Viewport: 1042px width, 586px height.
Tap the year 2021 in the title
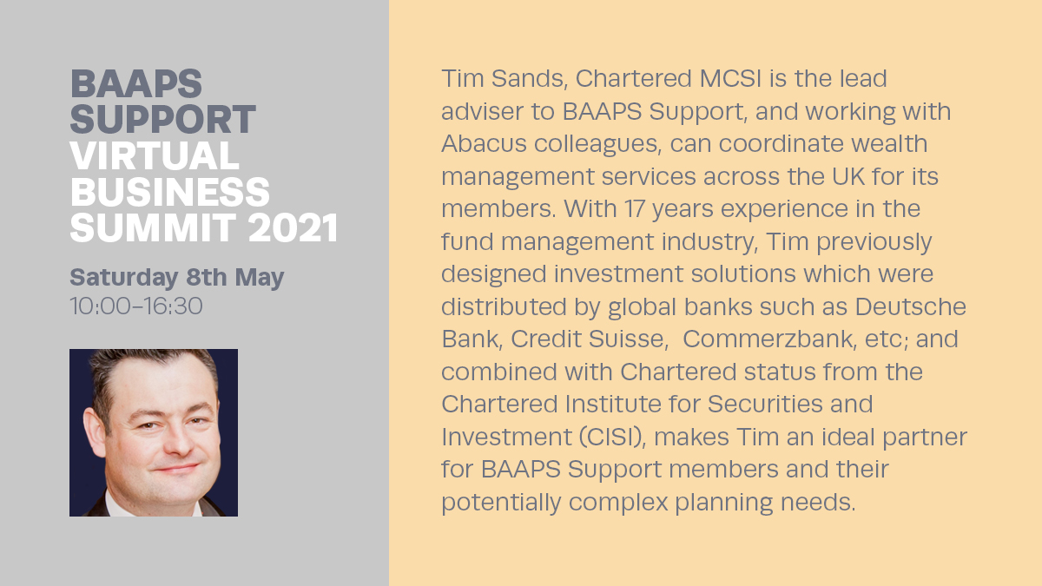[293, 227]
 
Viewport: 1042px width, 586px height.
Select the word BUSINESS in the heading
[170, 192]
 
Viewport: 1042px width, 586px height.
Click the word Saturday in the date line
[123, 278]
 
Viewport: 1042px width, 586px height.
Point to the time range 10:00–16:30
[136, 306]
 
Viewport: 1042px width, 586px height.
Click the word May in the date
[259, 278]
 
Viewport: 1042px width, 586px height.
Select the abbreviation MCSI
[730, 79]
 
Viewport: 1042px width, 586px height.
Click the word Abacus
[484, 143]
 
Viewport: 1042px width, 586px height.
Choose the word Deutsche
[911, 306]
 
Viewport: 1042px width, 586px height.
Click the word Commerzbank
[769, 339]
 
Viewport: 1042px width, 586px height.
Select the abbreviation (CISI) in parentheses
[613, 438]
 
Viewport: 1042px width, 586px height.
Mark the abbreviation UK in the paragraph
[849, 176]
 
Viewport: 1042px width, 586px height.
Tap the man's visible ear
[95, 431]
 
